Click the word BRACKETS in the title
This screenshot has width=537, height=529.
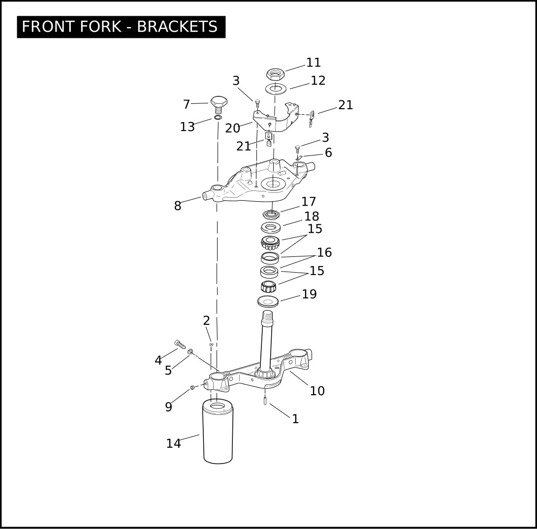point(177,27)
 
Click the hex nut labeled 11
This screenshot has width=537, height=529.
point(275,74)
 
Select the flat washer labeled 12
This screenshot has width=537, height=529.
point(276,89)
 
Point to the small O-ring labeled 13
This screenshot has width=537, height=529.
point(218,118)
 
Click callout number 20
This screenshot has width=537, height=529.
point(232,128)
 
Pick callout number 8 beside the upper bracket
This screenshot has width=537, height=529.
point(177,206)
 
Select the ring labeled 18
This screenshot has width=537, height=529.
point(271,227)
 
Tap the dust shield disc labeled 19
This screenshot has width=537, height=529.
point(268,302)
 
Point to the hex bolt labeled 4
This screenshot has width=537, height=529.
point(180,344)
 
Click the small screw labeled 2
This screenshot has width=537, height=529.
point(211,346)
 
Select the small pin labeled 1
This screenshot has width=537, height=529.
point(265,400)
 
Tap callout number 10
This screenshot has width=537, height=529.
point(317,391)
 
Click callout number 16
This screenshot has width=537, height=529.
point(324,252)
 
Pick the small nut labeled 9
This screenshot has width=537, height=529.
point(192,387)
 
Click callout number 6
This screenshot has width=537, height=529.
point(328,153)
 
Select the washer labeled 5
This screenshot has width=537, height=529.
point(190,351)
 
